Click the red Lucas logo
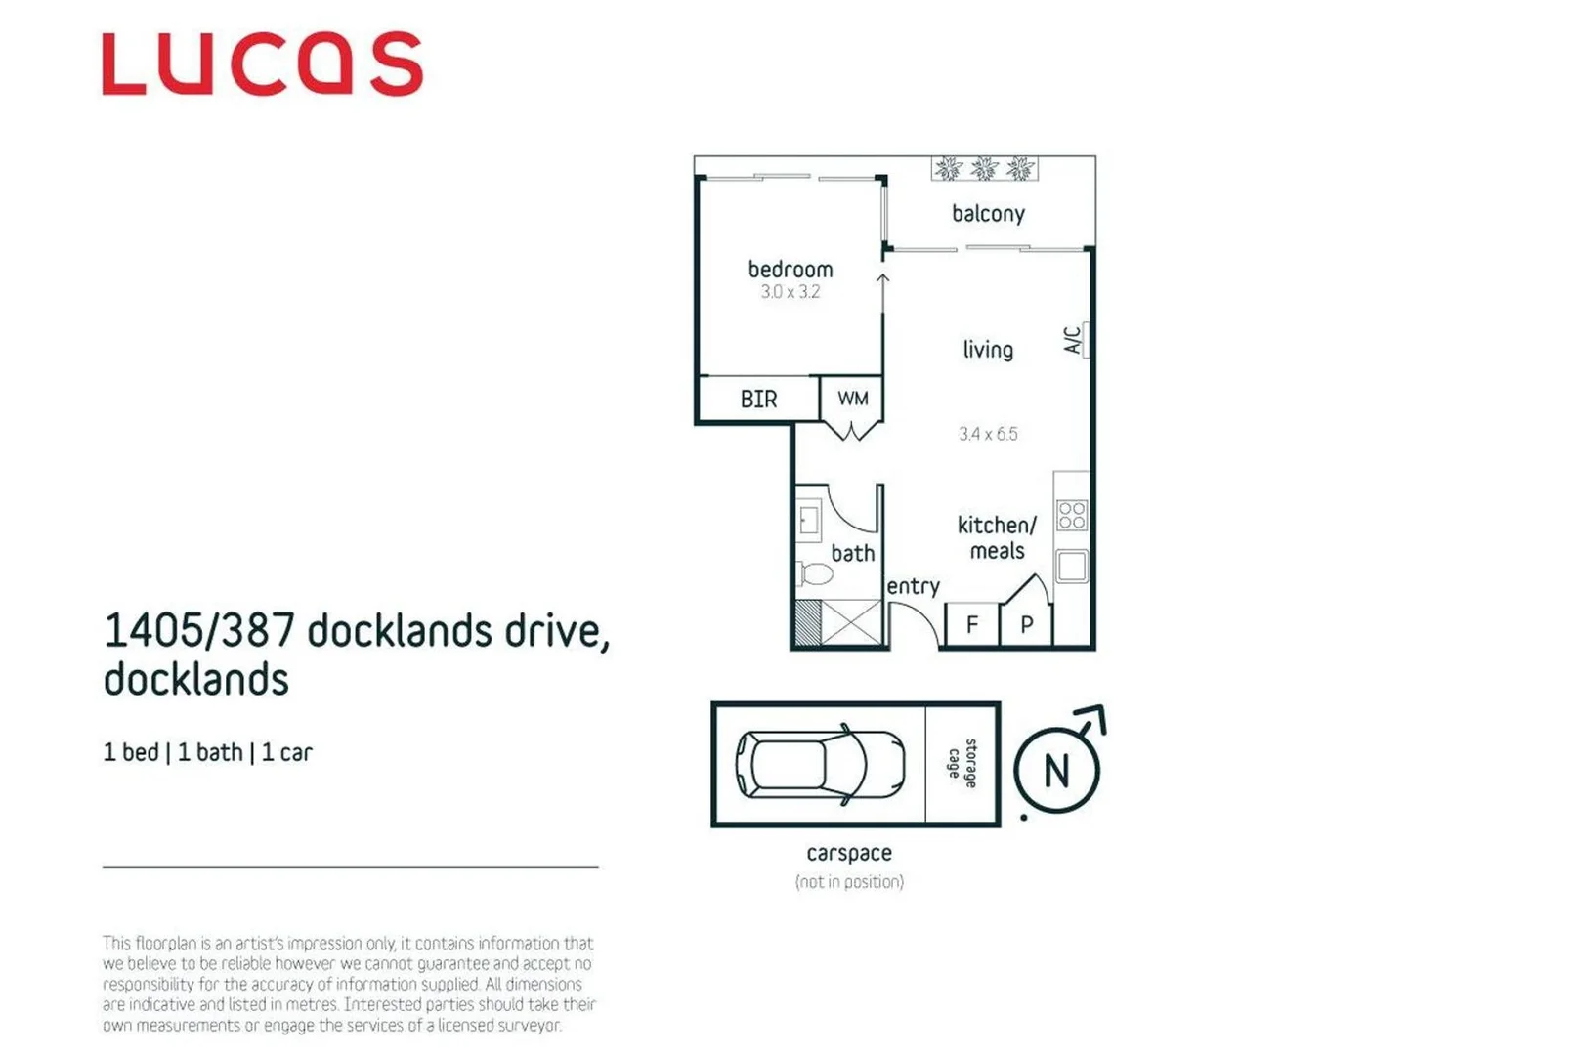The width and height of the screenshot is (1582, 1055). click(x=262, y=64)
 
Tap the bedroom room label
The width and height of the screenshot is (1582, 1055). click(x=790, y=270)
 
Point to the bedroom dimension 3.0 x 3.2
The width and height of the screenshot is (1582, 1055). click(x=790, y=292)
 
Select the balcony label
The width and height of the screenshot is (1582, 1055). click(x=988, y=214)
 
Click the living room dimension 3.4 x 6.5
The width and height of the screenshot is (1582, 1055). click(x=988, y=434)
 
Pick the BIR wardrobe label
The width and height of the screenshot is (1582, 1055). click(x=758, y=400)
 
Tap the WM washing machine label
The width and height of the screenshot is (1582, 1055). click(x=852, y=399)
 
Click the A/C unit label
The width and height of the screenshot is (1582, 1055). click(x=1072, y=340)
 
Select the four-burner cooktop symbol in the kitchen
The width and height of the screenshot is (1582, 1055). click(x=1072, y=515)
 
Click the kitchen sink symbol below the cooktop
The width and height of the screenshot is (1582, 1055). click(x=1072, y=567)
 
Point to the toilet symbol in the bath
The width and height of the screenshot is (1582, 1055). click(x=814, y=573)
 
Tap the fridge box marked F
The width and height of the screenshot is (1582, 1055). click(x=972, y=625)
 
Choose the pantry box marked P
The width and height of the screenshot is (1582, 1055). click(x=1026, y=625)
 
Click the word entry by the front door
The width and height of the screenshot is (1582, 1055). click(x=913, y=586)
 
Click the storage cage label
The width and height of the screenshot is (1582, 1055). click(x=962, y=764)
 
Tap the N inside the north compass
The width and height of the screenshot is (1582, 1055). click(x=1056, y=772)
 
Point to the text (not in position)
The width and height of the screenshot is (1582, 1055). click(x=849, y=882)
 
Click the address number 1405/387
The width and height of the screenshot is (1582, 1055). click(x=198, y=631)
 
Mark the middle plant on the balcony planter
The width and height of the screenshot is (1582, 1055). click(x=984, y=169)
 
